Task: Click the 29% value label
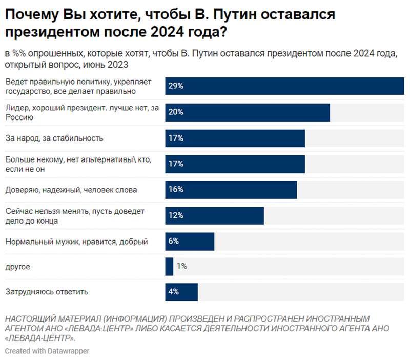pyautogui.click(x=176, y=86)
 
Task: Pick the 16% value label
pyautogui.click(x=176, y=190)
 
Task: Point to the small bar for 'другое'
pyautogui.click(x=169, y=266)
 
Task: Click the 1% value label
pyautogui.click(x=181, y=266)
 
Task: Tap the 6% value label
pyautogui.click(x=174, y=241)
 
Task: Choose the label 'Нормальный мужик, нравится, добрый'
pyautogui.click(x=76, y=242)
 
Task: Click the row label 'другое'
pyautogui.click(x=18, y=267)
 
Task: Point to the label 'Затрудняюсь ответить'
pyautogui.click(x=47, y=292)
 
